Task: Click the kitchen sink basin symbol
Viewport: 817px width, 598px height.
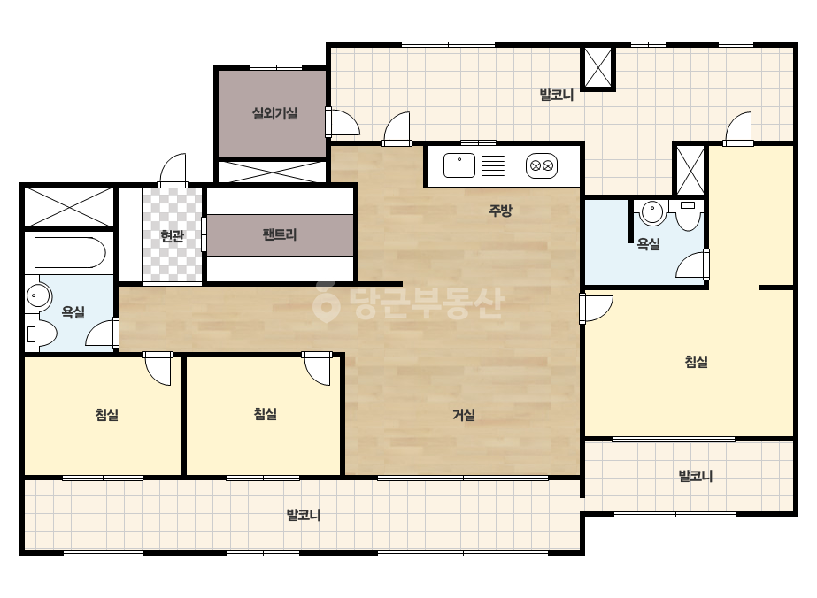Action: pos(459,165)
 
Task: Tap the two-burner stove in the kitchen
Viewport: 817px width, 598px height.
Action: pos(542,165)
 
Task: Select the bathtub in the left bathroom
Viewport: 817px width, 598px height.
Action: pos(70,253)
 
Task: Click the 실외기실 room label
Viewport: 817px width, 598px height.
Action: pos(274,113)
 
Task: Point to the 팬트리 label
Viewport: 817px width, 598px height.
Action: pos(280,234)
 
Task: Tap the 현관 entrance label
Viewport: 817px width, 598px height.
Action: pos(172,236)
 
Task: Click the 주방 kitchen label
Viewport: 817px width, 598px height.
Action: pos(500,211)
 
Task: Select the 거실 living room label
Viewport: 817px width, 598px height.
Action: pos(463,415)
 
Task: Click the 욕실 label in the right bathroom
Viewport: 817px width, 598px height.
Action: pos(649,244)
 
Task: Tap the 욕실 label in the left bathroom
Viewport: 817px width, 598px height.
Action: pos(73,312)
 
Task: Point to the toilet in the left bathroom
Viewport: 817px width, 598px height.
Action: pos(40,333)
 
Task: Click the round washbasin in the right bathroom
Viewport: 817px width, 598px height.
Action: pos(651,212)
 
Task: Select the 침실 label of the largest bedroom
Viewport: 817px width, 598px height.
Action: pos(696,362)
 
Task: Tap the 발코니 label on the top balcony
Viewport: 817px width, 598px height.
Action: pos(557,95)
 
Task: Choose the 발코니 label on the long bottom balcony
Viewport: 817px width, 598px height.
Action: pos(304,515)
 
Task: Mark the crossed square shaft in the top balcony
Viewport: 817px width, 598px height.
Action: pos(598,68)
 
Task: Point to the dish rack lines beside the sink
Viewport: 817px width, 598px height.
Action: pos(493,165)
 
